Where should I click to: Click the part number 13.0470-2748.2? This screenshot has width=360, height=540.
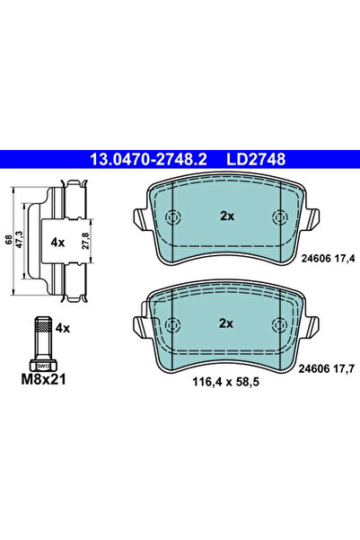click(x=148, y=159)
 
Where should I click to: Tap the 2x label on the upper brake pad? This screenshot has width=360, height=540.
click(x=227, y=217)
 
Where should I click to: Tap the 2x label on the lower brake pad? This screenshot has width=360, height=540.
click(x=227, y=323)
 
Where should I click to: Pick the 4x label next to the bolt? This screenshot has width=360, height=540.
click(x=63, y=330)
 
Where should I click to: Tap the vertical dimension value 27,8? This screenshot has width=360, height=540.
click(x=84, y=241)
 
